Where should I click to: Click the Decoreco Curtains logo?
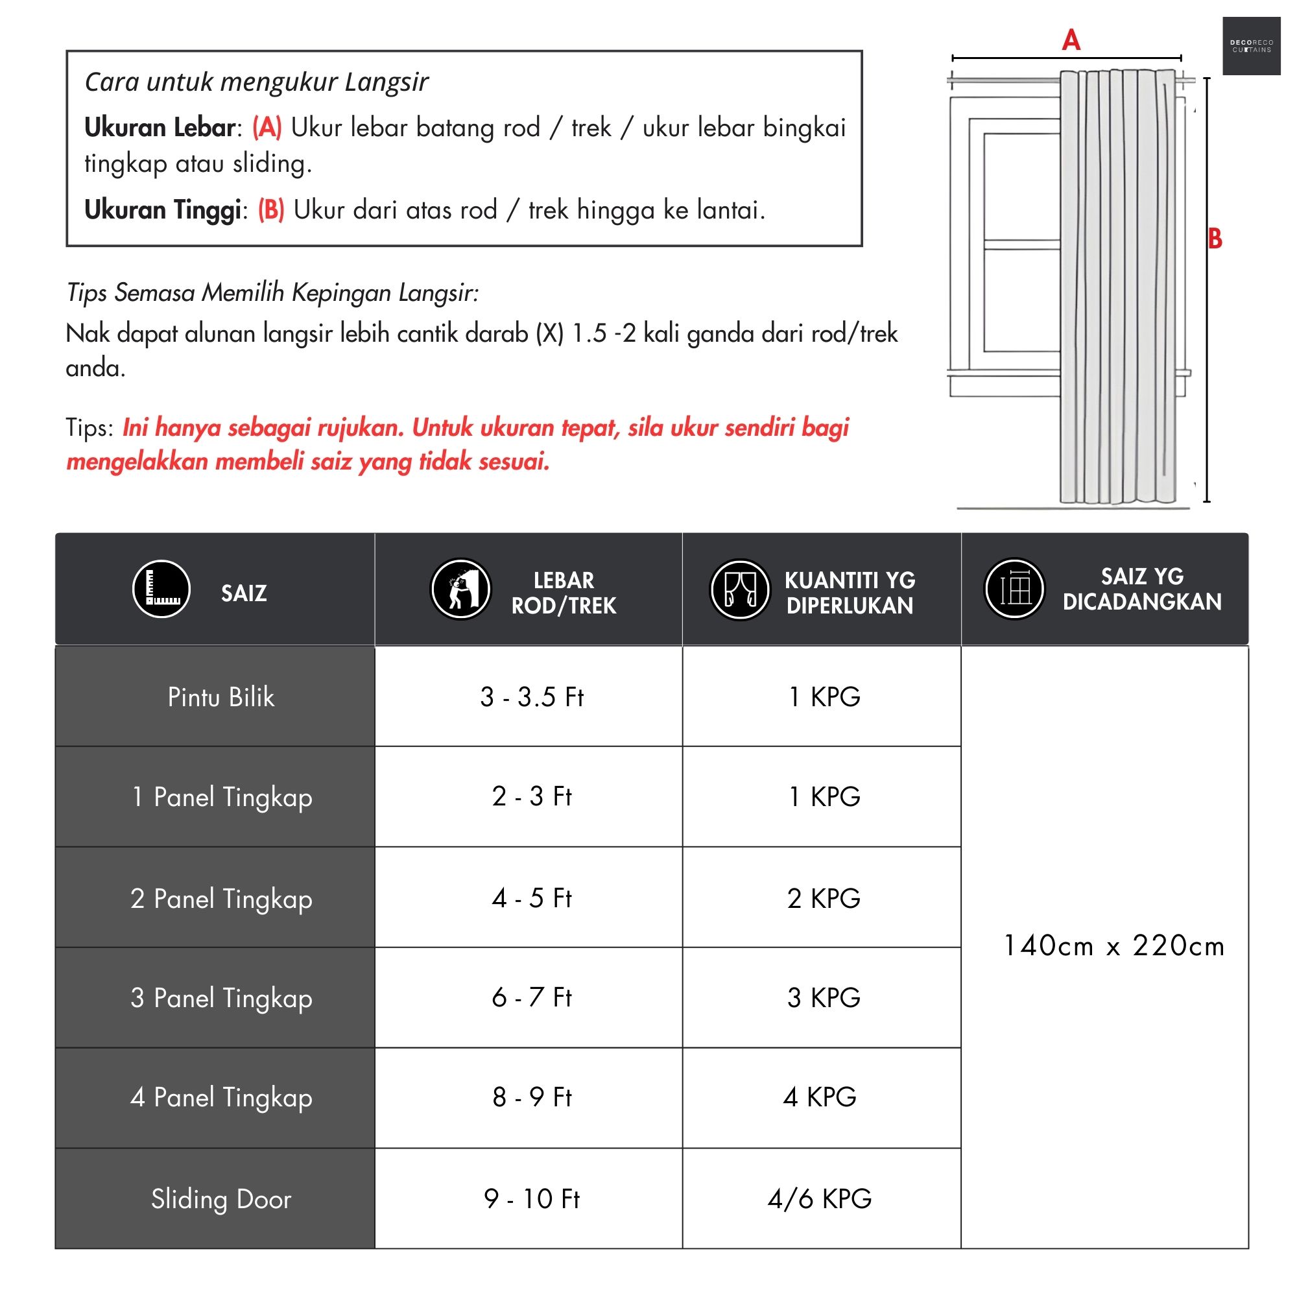tap(1251, 45)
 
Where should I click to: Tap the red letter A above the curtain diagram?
tap(1071, 40)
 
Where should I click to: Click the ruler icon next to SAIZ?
tap(161, 589)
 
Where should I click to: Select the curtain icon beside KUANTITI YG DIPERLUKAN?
tap(739, 589)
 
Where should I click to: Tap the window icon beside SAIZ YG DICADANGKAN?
tap(1014, 589)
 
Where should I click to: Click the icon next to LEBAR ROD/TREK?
tap(460, 589)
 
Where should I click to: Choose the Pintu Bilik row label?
tap(221, 698)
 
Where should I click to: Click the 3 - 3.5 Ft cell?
tap(532, 698)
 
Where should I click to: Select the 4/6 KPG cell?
tap(820, 1198)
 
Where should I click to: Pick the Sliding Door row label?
tap(221, 1199)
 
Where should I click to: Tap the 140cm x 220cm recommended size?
tap(1113, 946)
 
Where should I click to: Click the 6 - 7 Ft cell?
tap(532, 997)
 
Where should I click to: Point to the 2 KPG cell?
tap(824, 898)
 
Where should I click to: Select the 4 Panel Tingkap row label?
tap(221, 1098)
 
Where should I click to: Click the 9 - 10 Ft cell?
tap(532, 1198)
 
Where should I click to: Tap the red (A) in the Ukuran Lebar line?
tap(267, 127)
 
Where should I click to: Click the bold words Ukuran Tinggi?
tap(163, 210)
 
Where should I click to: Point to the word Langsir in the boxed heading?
tap(386, 82)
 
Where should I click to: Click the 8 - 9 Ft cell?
tap(532, 1098)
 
